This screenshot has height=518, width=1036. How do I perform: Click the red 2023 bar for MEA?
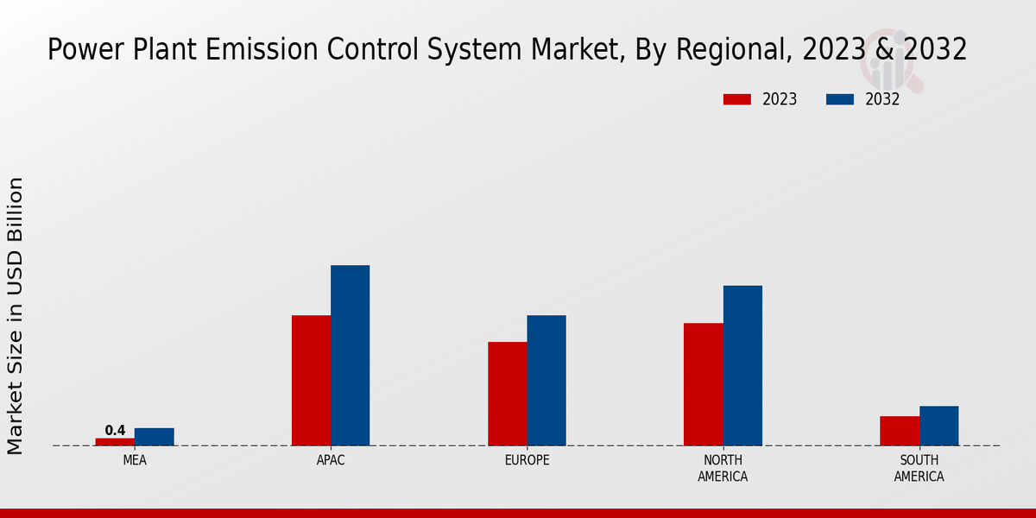(115, 442)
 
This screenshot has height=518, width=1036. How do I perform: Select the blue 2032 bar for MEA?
(154, 437)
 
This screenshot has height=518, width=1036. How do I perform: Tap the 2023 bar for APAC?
(311, 381)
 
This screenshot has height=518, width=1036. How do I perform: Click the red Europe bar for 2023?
(507, 394)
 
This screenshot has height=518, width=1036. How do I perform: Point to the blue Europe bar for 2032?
(546, 381)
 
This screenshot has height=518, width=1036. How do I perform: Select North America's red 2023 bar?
(703, 384)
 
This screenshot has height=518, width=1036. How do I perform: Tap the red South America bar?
(899, 431)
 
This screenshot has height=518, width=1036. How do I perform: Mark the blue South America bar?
(938, 426)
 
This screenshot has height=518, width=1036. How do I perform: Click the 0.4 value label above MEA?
(115, 430)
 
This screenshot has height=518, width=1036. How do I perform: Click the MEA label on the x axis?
(135, 460)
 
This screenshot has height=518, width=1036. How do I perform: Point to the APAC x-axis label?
(331, 460)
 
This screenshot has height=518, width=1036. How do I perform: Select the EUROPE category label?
(527, 460)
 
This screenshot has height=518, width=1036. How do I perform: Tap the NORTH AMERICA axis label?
(723, 468)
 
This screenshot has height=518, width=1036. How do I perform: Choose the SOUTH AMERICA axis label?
(919, 468)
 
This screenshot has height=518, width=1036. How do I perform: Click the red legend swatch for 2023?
(736, 99)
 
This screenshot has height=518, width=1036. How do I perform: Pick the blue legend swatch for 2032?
(839, 99)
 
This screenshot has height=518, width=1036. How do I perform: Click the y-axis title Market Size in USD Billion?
(16, 315)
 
